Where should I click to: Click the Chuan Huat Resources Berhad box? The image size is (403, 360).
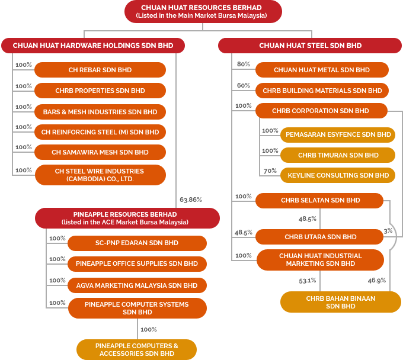pos(203,12)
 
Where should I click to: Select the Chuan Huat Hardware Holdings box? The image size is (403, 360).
pos(93,46)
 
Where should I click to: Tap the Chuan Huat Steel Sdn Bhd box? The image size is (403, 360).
pos(310,46)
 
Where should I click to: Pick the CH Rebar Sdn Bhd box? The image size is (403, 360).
pos(100,70)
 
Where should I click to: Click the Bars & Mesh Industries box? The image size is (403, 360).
pos(100,112)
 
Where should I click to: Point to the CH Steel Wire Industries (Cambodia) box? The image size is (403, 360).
pos(100,175)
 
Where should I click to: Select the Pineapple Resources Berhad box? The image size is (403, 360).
pos(127,218)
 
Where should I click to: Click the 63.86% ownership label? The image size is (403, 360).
pos(191,200)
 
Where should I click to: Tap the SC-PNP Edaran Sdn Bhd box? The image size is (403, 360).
pos(137,243)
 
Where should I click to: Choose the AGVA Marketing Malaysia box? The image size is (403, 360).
pos(137,285)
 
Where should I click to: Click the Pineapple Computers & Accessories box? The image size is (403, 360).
pos(136,349)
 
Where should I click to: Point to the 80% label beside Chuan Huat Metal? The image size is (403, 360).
pos(244,64)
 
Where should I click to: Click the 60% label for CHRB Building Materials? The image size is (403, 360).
pos(244,85)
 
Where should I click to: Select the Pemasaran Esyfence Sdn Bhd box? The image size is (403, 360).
pos(338,134)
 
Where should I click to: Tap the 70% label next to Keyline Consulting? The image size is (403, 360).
pos(270,171)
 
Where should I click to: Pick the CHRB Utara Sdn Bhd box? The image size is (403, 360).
pos(319,237)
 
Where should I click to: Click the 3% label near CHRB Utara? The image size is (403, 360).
pos(388,231)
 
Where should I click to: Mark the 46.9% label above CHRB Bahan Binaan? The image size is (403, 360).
pos(377,281)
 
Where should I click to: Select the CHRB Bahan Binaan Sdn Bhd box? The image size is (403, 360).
pos(341,302)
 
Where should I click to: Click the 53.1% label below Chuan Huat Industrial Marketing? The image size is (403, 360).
pos(308,281)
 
